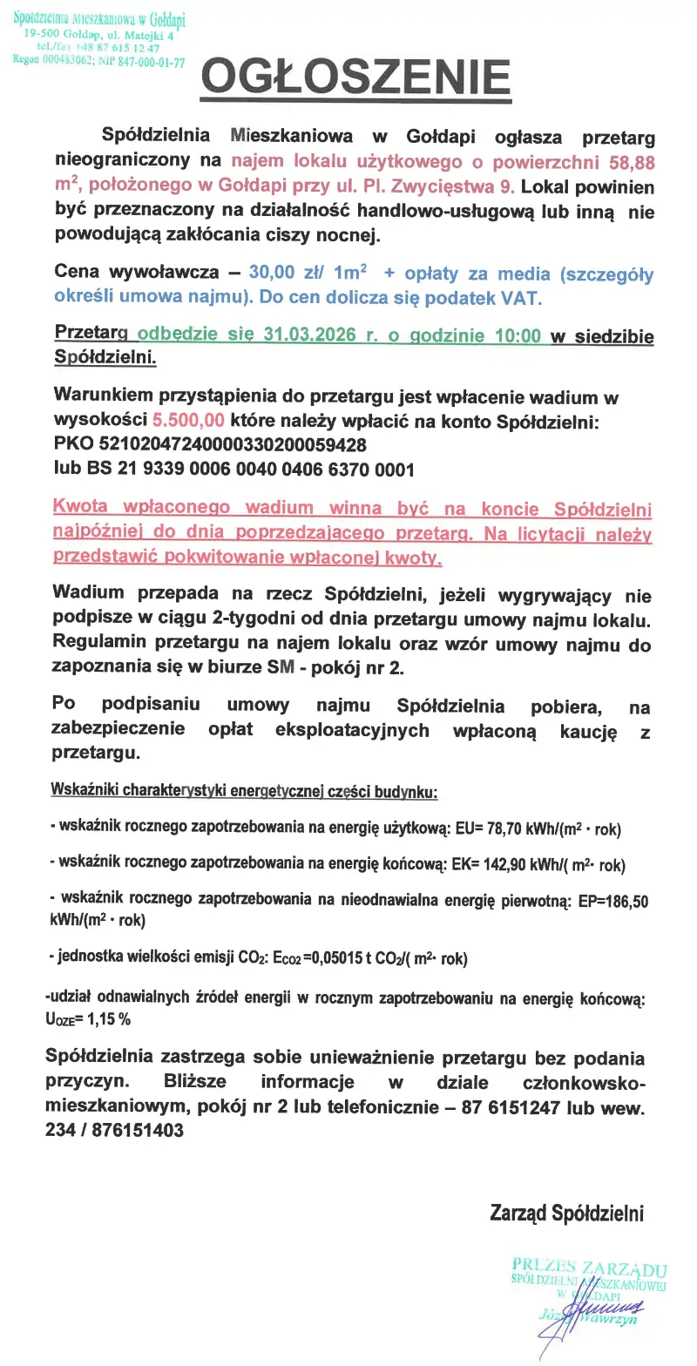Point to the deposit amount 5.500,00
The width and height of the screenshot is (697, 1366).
click(188, 421)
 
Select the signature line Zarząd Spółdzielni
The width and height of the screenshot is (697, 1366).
click(566, 1213)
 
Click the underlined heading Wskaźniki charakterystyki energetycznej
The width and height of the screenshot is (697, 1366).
click(244, 793)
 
